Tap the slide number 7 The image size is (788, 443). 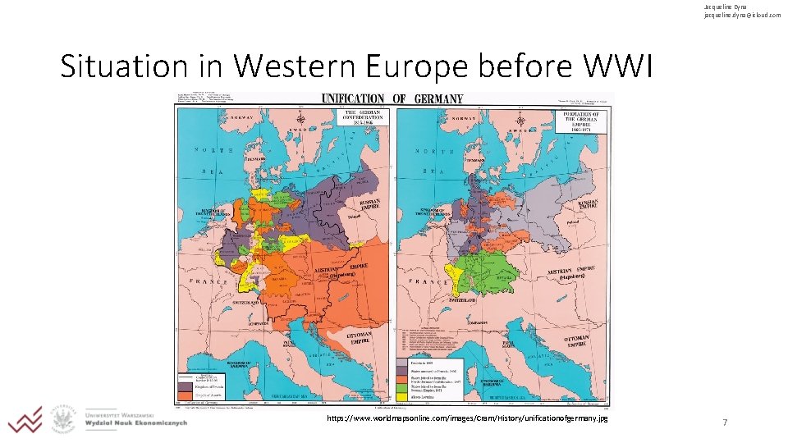point(724,422)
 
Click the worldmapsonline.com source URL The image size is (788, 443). point(467,418)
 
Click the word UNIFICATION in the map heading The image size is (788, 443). point(353,99)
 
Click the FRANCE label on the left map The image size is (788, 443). point(208,281)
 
